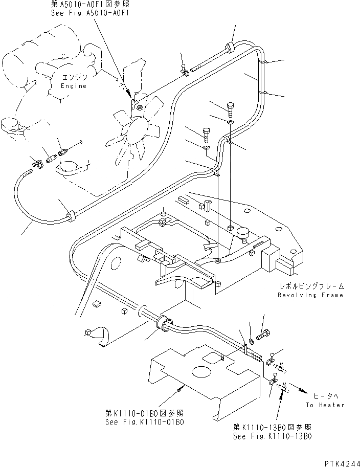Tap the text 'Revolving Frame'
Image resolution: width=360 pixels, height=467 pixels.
(311, 295)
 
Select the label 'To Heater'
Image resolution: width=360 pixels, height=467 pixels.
(325, 405)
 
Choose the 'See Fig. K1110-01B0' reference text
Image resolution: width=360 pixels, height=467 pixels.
(145, 422)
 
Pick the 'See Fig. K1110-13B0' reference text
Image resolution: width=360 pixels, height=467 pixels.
(272, 436)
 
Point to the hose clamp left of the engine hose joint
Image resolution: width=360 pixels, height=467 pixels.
(37, 164)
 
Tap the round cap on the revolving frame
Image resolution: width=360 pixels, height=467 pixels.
(241, 233)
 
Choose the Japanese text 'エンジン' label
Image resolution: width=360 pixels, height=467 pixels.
(76, 78)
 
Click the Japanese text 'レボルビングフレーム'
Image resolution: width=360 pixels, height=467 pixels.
(311, 286)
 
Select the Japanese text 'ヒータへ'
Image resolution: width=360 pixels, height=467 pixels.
(325, 396)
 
